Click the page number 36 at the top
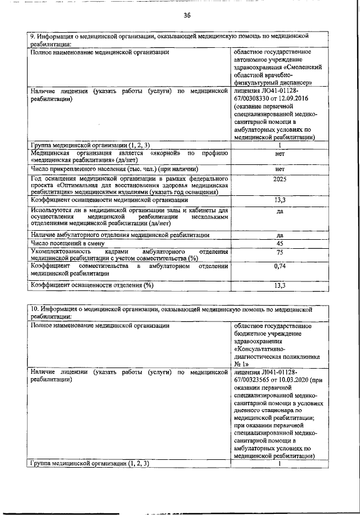[x=187, y=15]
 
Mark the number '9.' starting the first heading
[x=32, y=36]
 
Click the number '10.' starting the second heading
[x=34, y=308]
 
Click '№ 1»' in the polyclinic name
[x=240, y=364]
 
